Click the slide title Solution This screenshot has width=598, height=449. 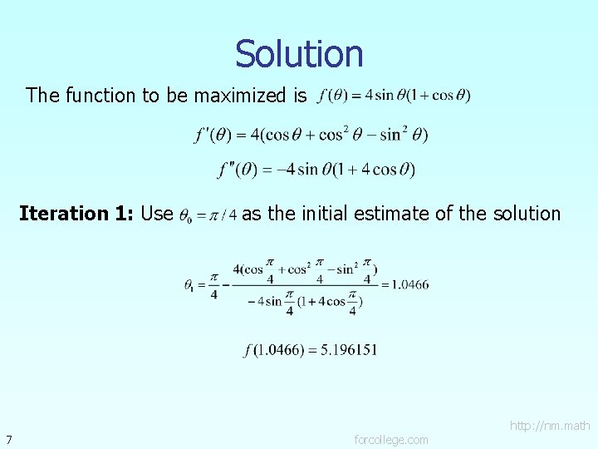point(299,54)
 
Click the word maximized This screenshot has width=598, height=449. point(250,96)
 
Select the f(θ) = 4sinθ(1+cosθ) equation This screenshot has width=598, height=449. point(394,95)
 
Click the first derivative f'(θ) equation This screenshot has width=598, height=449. point(311,134)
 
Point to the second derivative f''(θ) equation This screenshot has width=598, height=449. point(316,170)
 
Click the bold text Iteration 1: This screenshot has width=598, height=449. point(76,214)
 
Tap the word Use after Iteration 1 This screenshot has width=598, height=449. point(157,214)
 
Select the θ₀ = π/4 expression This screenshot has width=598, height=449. point(208,215)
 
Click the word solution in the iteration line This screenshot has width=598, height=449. point(525,214)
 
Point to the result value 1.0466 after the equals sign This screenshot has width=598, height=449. point(409,284)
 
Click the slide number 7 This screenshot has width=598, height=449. point(7,439)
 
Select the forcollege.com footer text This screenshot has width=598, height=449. point(391,439)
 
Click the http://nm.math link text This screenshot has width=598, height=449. point(550,426)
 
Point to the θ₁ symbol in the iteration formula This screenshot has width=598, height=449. point(190,284)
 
